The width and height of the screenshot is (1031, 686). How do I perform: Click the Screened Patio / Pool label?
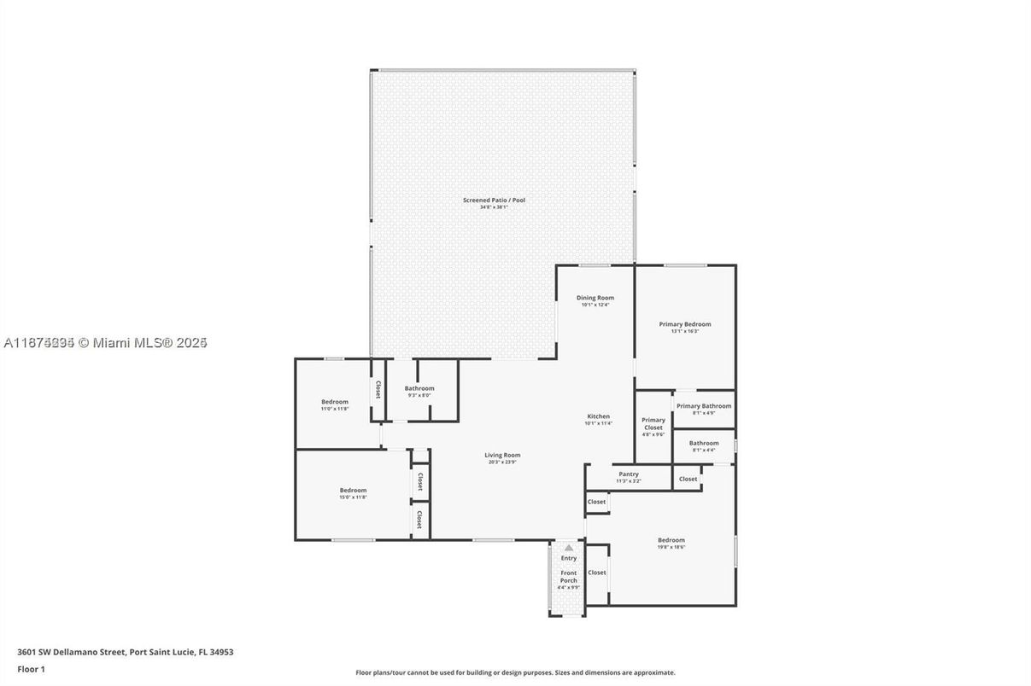point(494,200)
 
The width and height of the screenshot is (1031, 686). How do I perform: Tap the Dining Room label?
point(595,298)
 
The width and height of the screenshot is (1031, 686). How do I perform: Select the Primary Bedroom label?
point(684,324)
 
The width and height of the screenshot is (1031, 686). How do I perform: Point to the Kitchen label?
point(598,416)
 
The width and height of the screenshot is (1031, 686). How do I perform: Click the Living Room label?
point(502,455)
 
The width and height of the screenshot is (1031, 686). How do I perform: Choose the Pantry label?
point(628,474)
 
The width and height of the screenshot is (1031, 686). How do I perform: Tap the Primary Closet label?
point(653,423)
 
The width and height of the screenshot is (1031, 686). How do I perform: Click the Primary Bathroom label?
point(704,406)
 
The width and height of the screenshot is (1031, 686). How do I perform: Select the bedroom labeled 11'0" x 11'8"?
point(335,402)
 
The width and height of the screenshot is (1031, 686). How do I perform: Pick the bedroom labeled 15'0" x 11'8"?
point(353,490)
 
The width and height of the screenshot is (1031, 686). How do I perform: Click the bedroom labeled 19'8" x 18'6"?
point(671,540)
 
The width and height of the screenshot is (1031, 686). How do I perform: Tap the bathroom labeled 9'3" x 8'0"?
point(419,388)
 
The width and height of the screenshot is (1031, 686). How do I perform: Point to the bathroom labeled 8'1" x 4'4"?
point(704,443)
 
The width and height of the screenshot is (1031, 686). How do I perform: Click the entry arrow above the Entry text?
point(568,548)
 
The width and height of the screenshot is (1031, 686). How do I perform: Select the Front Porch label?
point(568,576)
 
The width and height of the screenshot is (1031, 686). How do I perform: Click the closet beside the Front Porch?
point(597,573)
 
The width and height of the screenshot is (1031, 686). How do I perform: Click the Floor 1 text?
point(31,669)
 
